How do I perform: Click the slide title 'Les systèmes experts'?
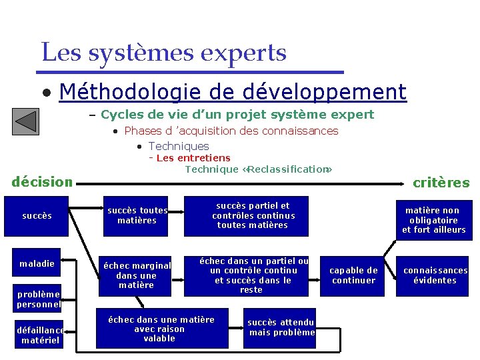tap(164, 52)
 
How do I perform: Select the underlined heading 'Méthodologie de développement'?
tap(232, 91)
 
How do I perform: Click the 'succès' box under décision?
tap(37, 215)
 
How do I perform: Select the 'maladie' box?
tap(37, 263)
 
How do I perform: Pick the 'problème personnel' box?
tap(38, 299)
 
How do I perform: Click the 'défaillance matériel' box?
tap(40, 335)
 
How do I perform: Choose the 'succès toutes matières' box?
tap(137, 215)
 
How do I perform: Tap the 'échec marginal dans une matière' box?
tap(137, 275)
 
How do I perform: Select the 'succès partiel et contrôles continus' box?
tap(253, 215)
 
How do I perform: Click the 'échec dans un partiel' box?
tap(254, 275)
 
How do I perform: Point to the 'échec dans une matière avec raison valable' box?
tap(161, 329)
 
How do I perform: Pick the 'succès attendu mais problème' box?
tap(281, 327)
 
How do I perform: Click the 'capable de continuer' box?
tap(353, 275)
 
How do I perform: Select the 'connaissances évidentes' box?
tap(435, 275)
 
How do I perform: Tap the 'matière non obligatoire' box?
tap(433, 220)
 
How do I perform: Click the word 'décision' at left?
tap(42, 181)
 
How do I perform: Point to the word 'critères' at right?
tap(441, 183)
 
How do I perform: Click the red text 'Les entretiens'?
tap(193, 158)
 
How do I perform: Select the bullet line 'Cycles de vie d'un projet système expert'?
tap(237, 115)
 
